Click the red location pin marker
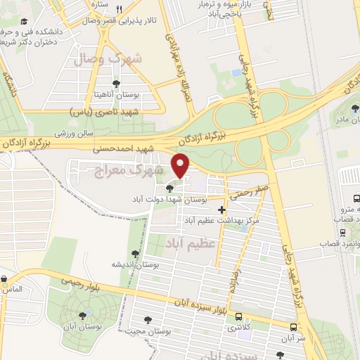pos(181,166)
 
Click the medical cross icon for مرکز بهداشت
pos(222,210)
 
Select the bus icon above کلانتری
pos(240,316)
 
